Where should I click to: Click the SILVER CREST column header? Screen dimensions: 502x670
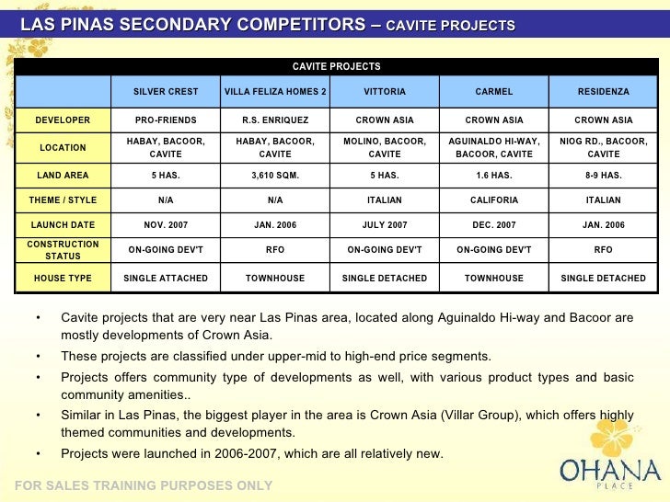(166, 92)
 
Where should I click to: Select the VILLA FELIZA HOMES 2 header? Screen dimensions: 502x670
(275, 92)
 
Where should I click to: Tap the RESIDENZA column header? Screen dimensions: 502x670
(603, 92)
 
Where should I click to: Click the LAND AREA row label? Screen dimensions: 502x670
(63, 175)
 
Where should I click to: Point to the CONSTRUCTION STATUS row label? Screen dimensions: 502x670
(63, 249)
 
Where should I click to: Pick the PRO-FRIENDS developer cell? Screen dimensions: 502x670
(166, 120)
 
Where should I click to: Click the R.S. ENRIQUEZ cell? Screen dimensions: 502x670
(275, 120)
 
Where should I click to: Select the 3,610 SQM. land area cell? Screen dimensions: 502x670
(275, 175)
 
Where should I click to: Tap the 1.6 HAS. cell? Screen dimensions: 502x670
(494, 175)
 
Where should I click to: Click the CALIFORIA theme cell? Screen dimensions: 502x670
(494, 200)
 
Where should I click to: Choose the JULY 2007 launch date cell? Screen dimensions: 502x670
(385, 224)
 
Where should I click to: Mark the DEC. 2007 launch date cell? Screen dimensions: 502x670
(494, 224)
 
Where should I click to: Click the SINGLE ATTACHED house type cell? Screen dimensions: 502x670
(166, 278)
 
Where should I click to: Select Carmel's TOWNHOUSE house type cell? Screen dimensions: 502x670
(494, 278)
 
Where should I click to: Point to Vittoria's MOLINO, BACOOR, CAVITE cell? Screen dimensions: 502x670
(385, 147)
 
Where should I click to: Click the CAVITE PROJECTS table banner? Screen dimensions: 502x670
(336, 66)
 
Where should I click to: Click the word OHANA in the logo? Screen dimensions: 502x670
(610, 471)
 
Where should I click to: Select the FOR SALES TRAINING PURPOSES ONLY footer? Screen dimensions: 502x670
(144, 485)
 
